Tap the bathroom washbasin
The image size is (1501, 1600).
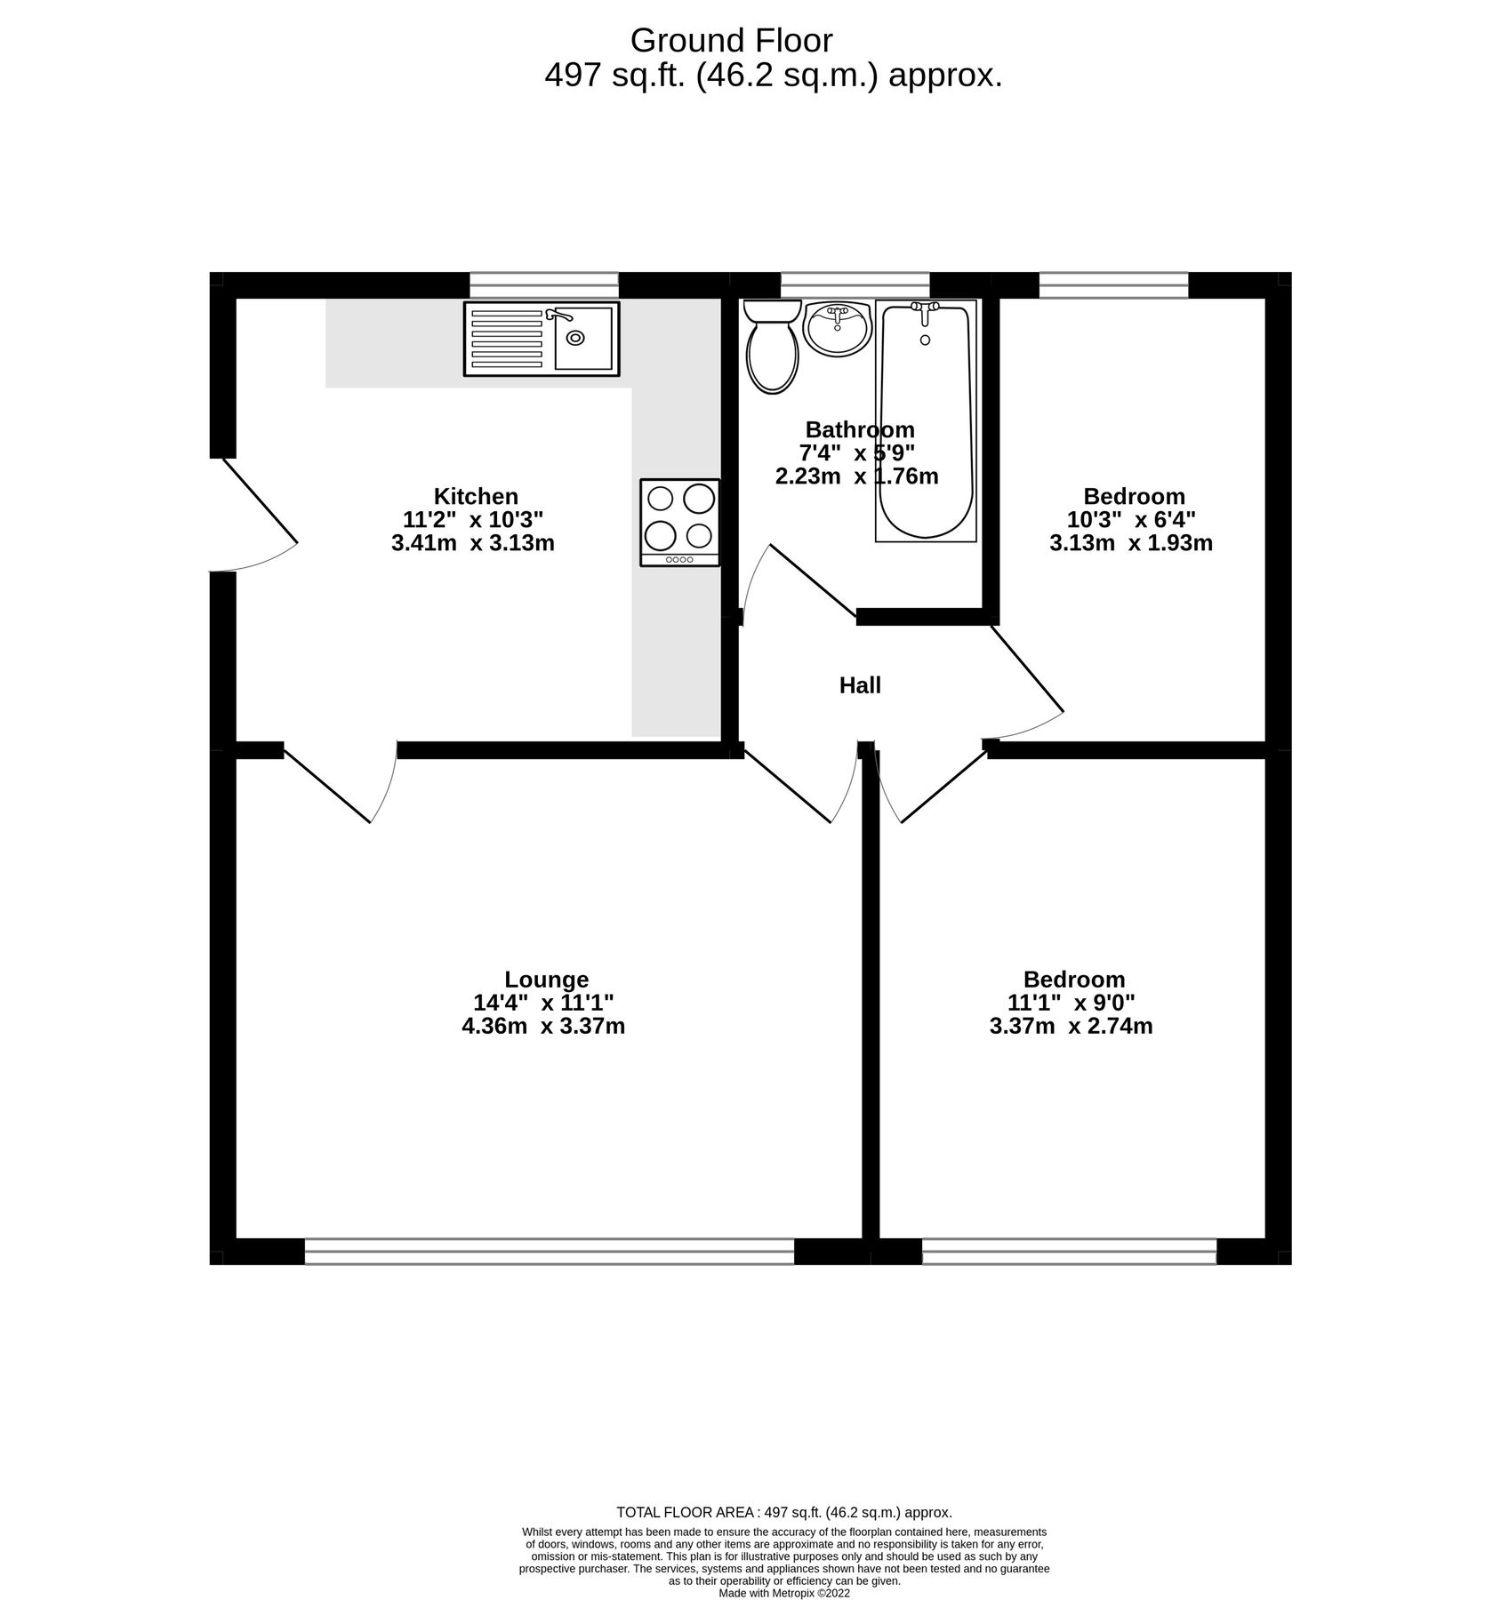coord(836,327)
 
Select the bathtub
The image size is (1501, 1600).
coord(926,420)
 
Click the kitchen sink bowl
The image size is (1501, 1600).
coord(583,338)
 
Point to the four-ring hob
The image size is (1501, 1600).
coord(680,522)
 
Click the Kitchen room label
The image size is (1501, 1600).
coord(476,496)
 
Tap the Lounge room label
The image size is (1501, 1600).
coord(546,980)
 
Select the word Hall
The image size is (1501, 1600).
coord(860,685)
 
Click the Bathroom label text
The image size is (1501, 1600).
coord(860,430)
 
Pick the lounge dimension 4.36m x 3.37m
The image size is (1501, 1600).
coord(543,1027)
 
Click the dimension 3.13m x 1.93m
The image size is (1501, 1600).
coord(1131,543)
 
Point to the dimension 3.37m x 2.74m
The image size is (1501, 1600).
coord(1072,1027)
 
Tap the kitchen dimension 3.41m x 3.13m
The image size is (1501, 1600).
coord(473,543)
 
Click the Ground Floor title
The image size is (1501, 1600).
coord(731,40)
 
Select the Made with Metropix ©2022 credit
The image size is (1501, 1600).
coord(784,1594)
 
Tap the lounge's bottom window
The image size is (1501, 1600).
coord(549,1252)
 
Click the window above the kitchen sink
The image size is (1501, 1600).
coord(543,284)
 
